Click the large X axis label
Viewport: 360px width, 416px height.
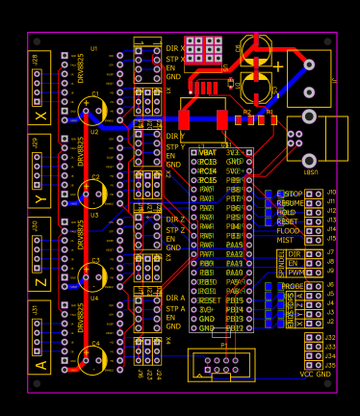point(40,117)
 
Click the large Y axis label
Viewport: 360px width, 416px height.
point(40,199)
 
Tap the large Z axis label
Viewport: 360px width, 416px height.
point(40,282)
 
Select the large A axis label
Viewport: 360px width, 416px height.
point(40,364)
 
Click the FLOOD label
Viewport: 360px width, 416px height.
point(289,231)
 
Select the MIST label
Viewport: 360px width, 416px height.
point(286,241)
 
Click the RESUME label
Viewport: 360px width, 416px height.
point(291,203)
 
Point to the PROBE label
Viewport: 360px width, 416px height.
point(293,286)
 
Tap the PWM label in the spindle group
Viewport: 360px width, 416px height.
point(295,273)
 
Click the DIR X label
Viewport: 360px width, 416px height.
point(175,48)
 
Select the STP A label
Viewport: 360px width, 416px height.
point(174,309)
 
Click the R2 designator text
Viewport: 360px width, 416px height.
point(247,113)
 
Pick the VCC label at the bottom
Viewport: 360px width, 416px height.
point(307,374)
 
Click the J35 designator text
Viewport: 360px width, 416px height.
point(330,365)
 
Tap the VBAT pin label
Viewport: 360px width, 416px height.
point(207,153)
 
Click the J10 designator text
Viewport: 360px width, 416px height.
point(331,192)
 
